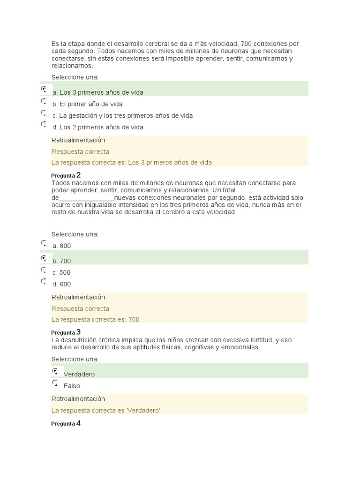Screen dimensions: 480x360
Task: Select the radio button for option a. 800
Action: [x=44, y=243]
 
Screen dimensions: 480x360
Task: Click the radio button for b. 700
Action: [x=44, y=258]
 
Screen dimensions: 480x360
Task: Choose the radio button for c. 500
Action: [x=44, y=270]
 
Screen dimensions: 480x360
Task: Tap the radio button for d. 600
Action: [x=44, y=281]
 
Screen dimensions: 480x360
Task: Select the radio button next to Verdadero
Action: [x=55, y=371]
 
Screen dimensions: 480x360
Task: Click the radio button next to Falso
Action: [x=55, y=383]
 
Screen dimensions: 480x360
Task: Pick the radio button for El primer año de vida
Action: [x=44, y=101]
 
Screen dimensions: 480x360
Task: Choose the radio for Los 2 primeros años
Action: [x=44, y=124]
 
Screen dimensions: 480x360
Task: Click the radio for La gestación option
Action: [x=44, y=113]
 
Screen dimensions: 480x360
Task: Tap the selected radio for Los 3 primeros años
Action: [x=44, y=89]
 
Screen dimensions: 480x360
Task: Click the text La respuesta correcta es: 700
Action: [x=95, y=320]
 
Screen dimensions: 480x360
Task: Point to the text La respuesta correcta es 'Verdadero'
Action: [x=105, y=410]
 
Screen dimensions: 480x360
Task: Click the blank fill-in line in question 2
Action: [x=87, y=198]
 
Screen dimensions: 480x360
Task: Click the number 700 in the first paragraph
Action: [x=247, y=44]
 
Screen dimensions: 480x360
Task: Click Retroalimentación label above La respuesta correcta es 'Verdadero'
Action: [x=78, y=399]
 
